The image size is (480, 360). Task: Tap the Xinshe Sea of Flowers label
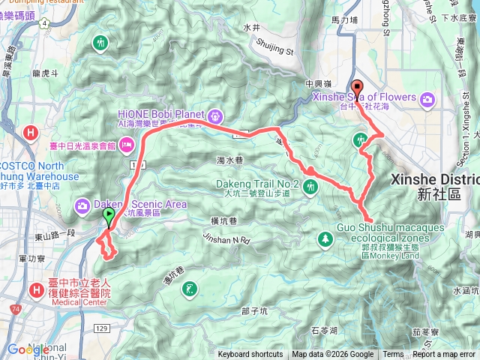pos(364,97)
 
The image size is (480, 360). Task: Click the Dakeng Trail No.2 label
pos(257,183)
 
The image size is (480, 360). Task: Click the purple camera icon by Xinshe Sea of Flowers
pos(427,98)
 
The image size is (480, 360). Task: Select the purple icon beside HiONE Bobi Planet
pos(216,115)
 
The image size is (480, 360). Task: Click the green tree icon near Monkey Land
pos(325,239)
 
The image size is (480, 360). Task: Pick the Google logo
pos(28,349)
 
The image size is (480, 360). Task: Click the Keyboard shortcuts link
pos(250,355)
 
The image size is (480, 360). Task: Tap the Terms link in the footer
pos(393,355)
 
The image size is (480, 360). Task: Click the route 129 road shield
pos(103,308)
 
